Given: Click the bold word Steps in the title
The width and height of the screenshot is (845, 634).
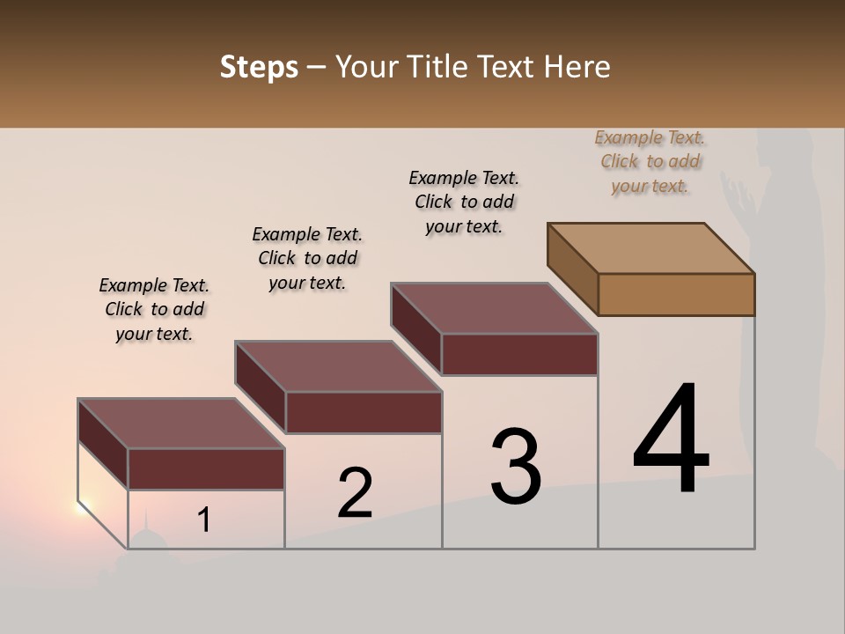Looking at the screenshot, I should coord(259,67).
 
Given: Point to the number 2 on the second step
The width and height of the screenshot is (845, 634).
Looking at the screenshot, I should coord(355,493).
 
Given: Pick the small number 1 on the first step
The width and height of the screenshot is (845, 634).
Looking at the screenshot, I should coord(203,520).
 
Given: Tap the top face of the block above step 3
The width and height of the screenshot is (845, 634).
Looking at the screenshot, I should coord(494,308).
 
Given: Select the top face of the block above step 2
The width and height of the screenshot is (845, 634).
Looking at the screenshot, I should coord(338,366).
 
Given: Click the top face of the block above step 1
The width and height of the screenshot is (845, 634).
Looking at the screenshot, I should coord(181,424).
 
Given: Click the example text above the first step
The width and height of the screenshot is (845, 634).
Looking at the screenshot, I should coord(154,309).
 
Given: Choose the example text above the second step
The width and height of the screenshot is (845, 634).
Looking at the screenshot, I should coord(307,258).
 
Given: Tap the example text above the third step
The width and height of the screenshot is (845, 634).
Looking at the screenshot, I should coord(464,202).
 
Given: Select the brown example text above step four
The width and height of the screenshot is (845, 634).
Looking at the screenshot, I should coord(650,161).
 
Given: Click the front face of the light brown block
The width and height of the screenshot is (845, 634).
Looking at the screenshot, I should coord(676,294).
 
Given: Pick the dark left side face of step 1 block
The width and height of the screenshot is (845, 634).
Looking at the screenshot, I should coord(103,444).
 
